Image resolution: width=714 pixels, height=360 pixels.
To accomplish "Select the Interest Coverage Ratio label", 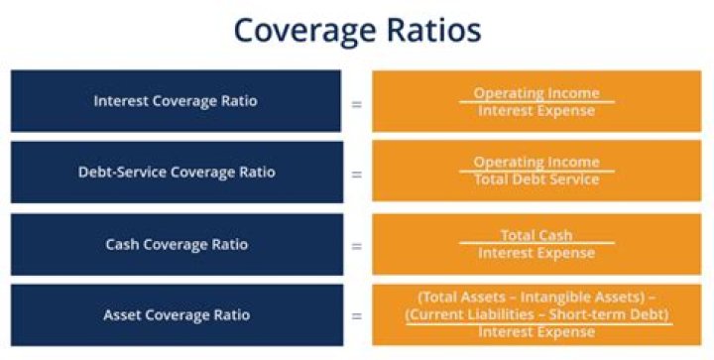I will (x=177, y=100).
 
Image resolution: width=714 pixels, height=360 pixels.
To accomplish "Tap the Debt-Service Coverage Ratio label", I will (x=177, y=172).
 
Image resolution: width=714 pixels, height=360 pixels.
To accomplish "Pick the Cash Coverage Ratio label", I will (x=177, y=244).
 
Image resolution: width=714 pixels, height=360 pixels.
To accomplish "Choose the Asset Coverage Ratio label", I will (x=177, y=315).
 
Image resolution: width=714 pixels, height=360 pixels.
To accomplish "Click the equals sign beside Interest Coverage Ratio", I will (x=356, y=101).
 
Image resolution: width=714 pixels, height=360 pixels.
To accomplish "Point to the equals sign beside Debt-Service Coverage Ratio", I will (x=356, y=173).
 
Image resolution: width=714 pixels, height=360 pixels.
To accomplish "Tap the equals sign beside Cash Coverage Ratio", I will (x=356, y=244).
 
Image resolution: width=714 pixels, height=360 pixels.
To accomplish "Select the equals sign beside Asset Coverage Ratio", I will (x=356, y=316).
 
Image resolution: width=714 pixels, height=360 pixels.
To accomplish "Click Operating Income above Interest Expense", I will (x=536, y=92).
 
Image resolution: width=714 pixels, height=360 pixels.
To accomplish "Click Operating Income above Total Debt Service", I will (x=536, y=162).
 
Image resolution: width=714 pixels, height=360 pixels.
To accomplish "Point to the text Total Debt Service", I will (x=536, y=180).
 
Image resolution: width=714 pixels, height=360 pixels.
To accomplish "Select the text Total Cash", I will (x=536, y=235).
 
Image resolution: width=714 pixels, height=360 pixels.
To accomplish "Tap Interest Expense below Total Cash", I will (x=536, y=253).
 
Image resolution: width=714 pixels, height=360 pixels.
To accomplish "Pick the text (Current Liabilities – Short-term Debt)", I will (x=536, y=314).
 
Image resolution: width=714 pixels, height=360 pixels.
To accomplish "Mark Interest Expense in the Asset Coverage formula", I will (x=536, y=331).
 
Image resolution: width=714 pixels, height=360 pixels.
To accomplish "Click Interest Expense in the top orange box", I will (x=536, y=110).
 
